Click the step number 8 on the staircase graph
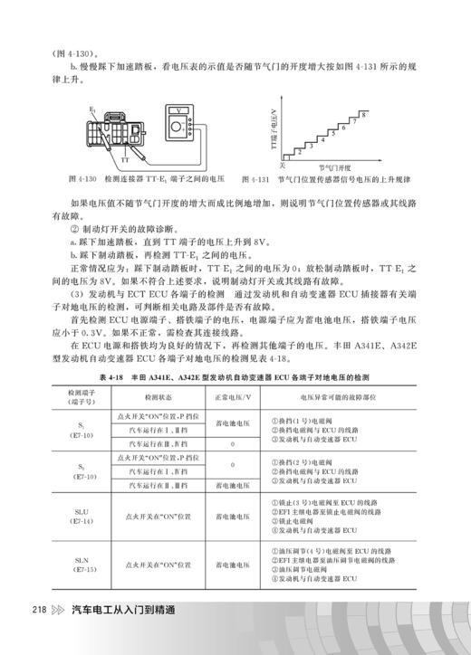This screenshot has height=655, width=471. pyautogui.click(x=363, y=115)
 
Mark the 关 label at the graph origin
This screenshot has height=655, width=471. pyautogui.click(x=282, y=165)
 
